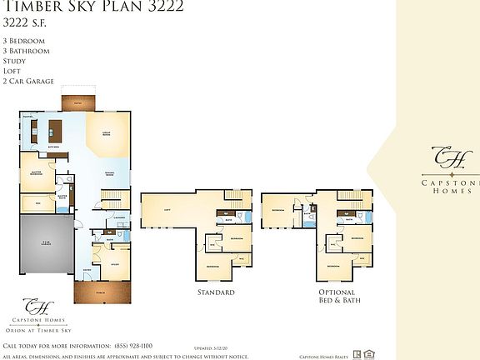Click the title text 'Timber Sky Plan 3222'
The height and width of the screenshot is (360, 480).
(x=93, y=7)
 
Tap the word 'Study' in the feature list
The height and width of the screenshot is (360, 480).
(x=15, y=61)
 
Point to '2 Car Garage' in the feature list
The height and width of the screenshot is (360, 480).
(x=28, y=81)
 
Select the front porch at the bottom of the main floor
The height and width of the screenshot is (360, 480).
(x=98, y=292)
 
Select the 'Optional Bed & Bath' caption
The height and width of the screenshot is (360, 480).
(x=337, y=297)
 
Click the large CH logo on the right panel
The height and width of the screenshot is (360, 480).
(x=442, y=157)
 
